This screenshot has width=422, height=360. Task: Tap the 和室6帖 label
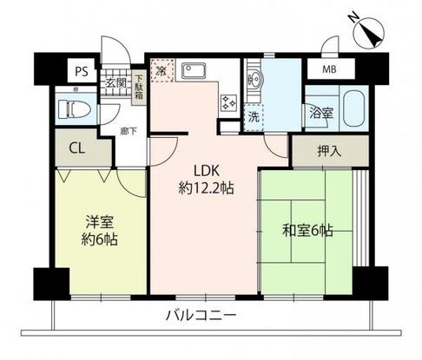click(x=308, y=231)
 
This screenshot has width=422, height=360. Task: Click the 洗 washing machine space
click(x=254, y=115)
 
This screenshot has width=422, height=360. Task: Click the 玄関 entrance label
click(x=115, y=82)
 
